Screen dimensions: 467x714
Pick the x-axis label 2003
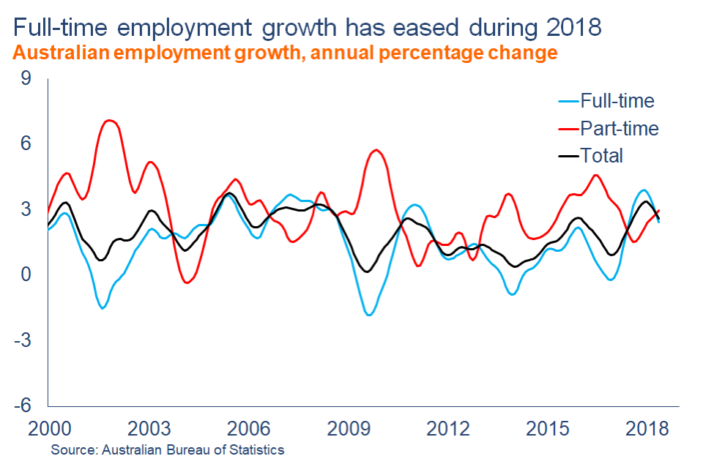pyautogui.click(x=149, y=428)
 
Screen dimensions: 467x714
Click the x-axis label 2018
pyautogui.click(x=649, y=428)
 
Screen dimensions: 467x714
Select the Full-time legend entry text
pyautogui.click(x=617, y=100)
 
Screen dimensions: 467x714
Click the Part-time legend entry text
pyautogui.click(x=619, y=128)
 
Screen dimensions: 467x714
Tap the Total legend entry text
pyautogui.click(x=601, y=155)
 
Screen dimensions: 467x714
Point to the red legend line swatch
pyautogui.click(x=568, y=128)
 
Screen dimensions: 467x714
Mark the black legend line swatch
pyautogui.click(x=568, y=155)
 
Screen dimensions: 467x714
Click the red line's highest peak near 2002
pyautogui.click(x=110, y=120)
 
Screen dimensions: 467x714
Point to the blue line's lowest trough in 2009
pyautogui.click(x=370, y=315)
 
